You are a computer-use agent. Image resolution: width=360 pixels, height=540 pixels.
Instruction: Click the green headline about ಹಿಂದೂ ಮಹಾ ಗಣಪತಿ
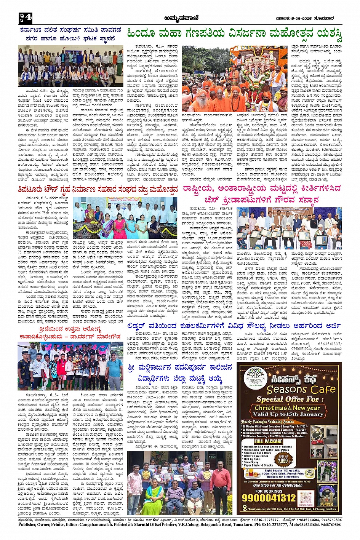pyautogui.click(x=234, y=34)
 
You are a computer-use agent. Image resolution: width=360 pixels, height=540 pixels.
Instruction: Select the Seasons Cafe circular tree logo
pyautogui.click(x=255, y=378)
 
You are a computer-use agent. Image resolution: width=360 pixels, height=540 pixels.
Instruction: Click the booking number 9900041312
pyautogui.click(x=269, y=497)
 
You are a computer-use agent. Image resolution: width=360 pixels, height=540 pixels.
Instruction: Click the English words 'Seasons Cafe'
pyautogui.click(x=301, y=389)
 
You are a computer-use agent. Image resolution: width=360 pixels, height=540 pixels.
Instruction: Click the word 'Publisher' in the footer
pyautogui.click(x=27, y=524)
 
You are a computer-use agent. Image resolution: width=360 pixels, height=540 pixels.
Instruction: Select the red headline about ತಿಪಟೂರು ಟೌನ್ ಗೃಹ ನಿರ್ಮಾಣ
pyautogui.click(x=98, y=189)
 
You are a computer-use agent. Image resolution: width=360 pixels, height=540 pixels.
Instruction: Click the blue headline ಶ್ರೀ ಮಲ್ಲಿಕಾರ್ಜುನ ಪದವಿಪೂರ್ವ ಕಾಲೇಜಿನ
pyautogui.click(x=180, y=367)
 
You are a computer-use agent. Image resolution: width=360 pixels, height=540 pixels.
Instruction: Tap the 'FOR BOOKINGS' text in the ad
pyautogui.click(x=269, y=491)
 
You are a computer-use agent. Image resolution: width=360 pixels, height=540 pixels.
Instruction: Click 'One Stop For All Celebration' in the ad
pyautogui.click(x=278, y=485)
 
